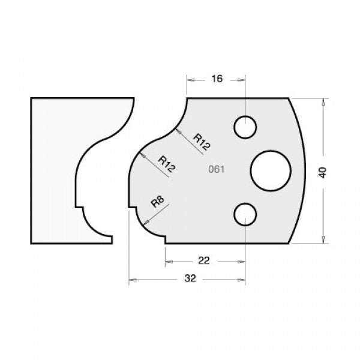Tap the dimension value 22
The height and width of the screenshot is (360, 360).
(x=203, y=261)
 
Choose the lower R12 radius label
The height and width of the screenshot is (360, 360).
(x=167, y=164)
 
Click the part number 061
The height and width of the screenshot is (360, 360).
(x=215, y=169)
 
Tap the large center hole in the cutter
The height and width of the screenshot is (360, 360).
(x=270, y=169)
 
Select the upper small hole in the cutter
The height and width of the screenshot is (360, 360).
(x=245, y=127)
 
